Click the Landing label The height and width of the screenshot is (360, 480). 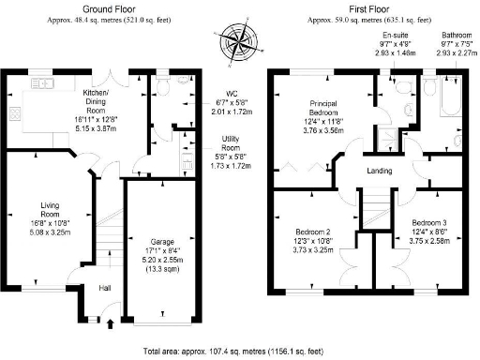click(379, 171)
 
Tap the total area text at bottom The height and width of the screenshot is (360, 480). click(239, 351)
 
